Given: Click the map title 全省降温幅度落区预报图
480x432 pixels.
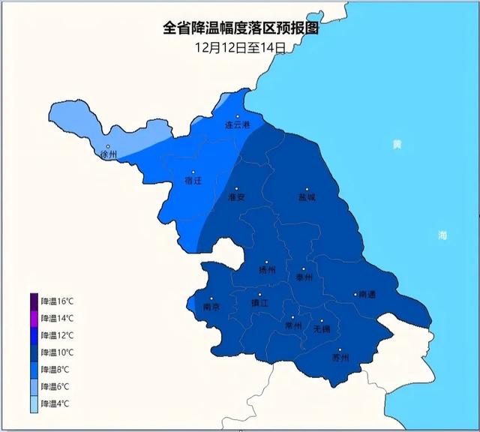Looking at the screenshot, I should point(241,28).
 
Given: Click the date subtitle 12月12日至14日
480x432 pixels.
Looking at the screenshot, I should point(240,46).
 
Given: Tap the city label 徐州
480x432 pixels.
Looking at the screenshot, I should point(109,154).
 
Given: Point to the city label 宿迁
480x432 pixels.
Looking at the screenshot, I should point(193,180).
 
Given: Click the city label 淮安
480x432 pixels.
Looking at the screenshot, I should point(236,196).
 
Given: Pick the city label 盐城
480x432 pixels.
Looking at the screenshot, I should point(306,197).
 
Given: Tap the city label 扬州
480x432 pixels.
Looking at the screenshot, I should point(267,269).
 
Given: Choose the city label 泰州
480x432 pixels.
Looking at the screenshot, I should point(304,277).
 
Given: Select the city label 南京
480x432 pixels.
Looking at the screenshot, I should point(211,306).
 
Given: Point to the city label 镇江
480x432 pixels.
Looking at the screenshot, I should point(259,302).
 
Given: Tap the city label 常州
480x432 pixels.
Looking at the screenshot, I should point(293,326).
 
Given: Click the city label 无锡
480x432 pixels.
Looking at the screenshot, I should point(321,328).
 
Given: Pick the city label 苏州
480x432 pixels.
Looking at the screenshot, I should point(340,357).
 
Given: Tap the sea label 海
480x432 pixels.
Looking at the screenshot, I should point(442,235).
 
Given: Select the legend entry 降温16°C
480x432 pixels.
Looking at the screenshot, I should point(57,301).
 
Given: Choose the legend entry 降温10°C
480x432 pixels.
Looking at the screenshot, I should point(57,352).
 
